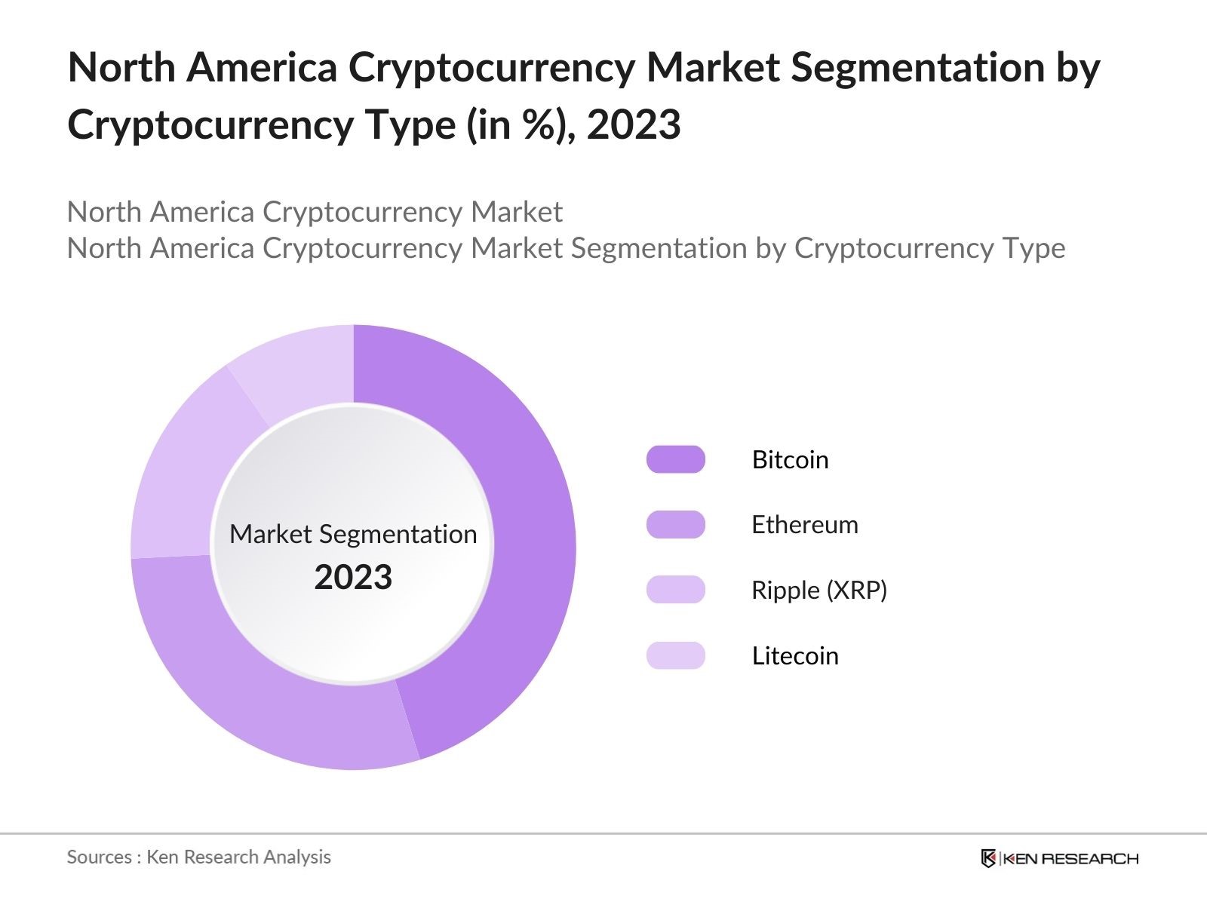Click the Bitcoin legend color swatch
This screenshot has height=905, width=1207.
[675, 459]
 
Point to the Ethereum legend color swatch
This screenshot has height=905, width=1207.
[675, 525]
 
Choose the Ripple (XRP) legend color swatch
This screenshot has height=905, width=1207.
[675, 590]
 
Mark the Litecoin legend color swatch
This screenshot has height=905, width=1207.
[675, 655]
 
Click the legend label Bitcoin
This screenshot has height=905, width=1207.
[790, 459]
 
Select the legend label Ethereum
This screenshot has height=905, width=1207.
[804, 525]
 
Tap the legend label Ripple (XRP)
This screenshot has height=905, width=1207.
[818, 590]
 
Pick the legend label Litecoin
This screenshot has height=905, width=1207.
[794, 655]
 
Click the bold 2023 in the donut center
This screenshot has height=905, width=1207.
[353, 578]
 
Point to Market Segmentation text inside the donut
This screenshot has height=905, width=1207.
[353, 534]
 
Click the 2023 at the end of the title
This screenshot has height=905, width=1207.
[634, 124]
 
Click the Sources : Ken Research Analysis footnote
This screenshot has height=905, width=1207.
[198, 857]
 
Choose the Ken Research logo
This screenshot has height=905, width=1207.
[1059, 858]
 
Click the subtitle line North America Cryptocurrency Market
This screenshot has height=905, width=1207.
[315, 212]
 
